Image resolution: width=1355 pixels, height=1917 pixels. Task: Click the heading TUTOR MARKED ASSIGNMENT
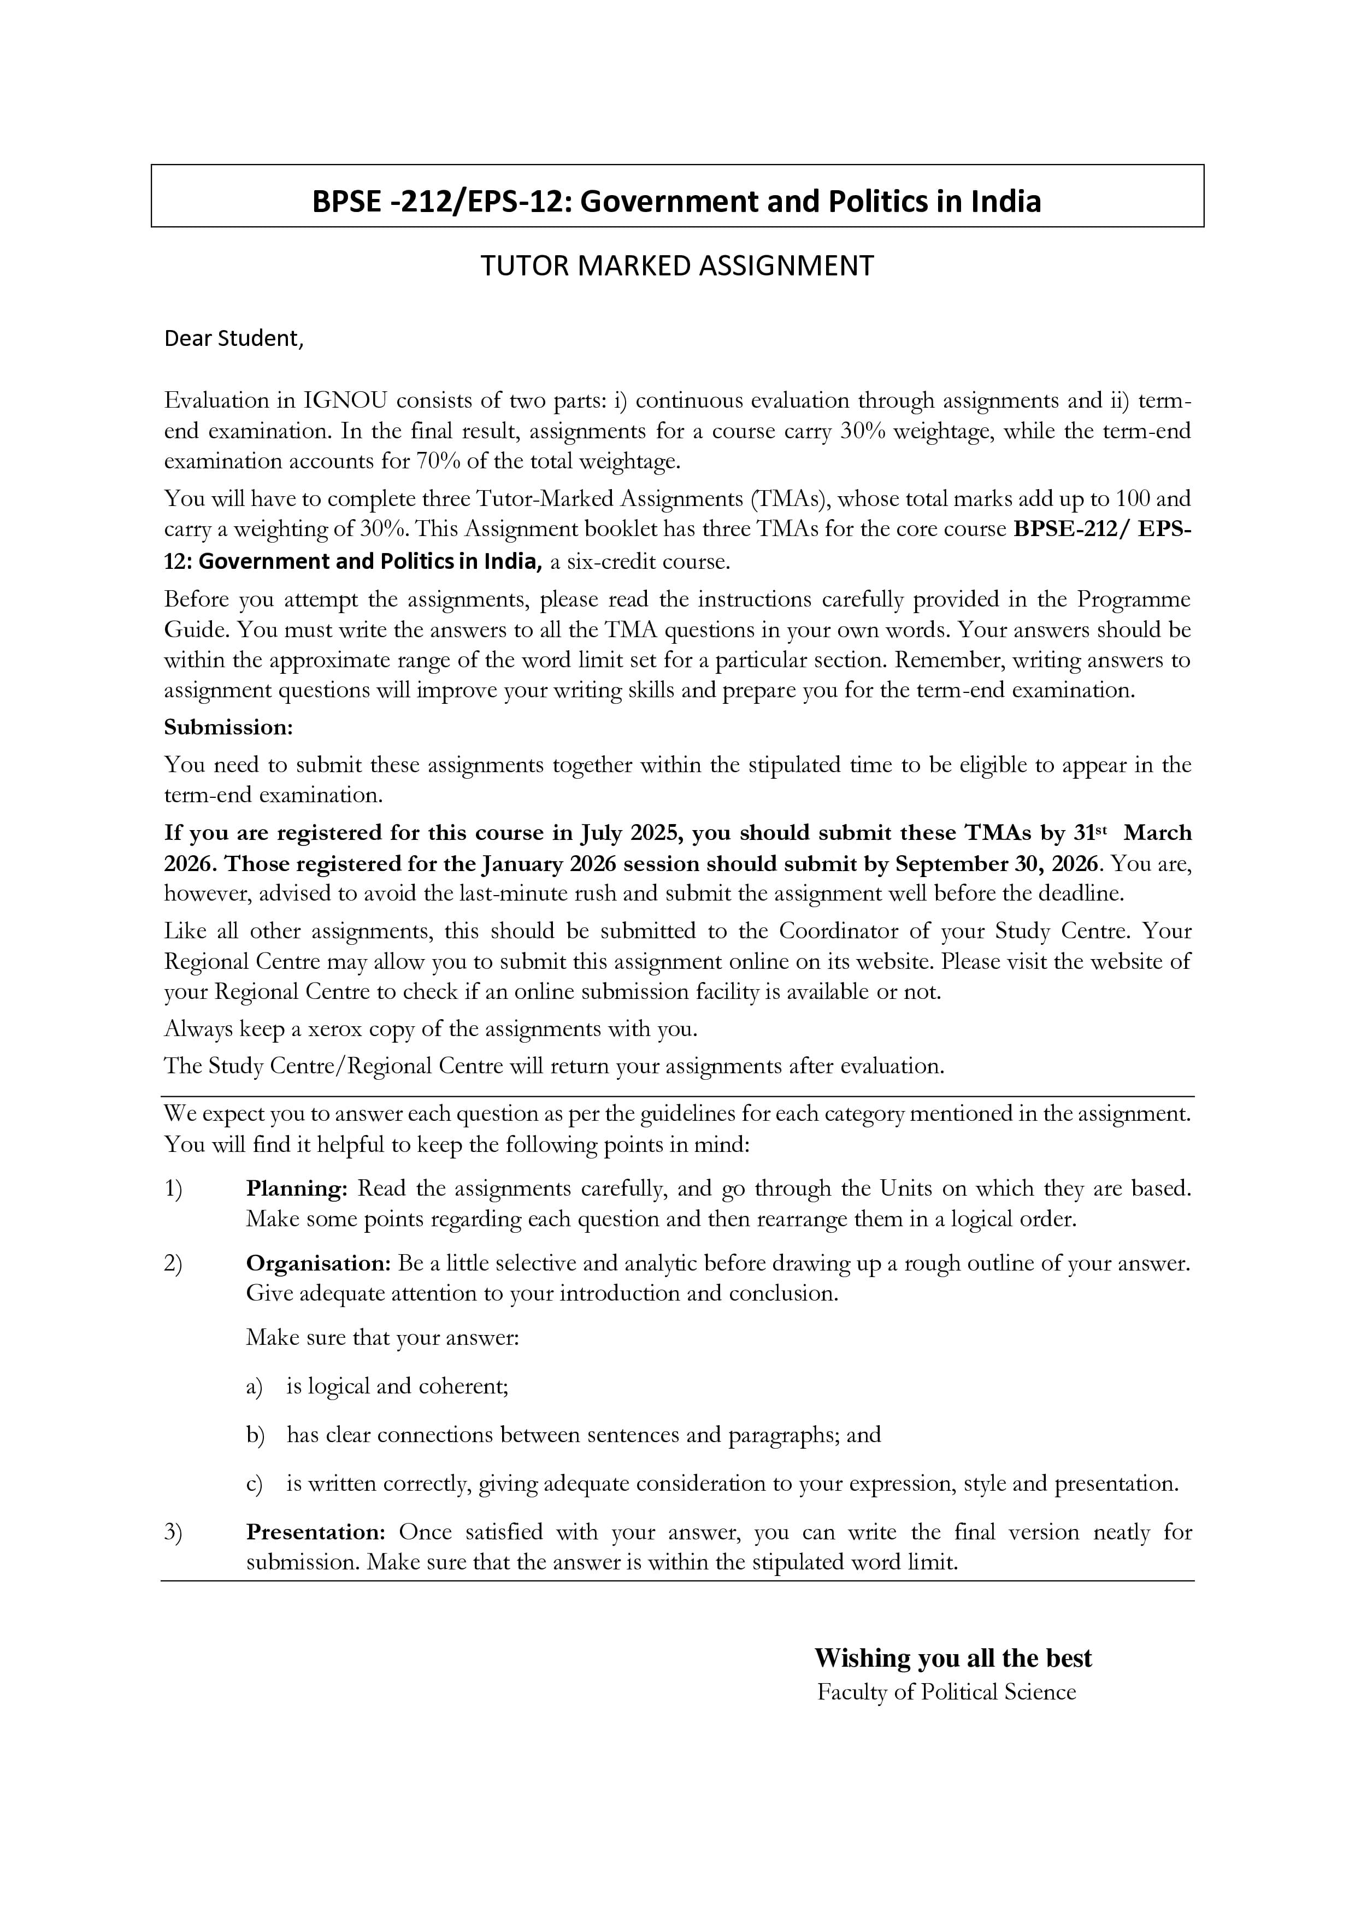(x=676, y=266)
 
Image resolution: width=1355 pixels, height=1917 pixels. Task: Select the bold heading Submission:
(x=228, y=727)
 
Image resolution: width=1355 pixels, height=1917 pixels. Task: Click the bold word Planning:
(x=296, y=1188)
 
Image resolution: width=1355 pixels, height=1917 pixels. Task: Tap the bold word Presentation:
(x=315, y=1532)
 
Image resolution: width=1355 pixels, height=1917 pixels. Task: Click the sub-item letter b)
(x=255, y=1434)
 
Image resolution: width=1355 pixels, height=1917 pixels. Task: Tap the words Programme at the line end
(x=1133, y=599)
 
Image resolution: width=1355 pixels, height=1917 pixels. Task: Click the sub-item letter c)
(x=255, y=1484)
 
